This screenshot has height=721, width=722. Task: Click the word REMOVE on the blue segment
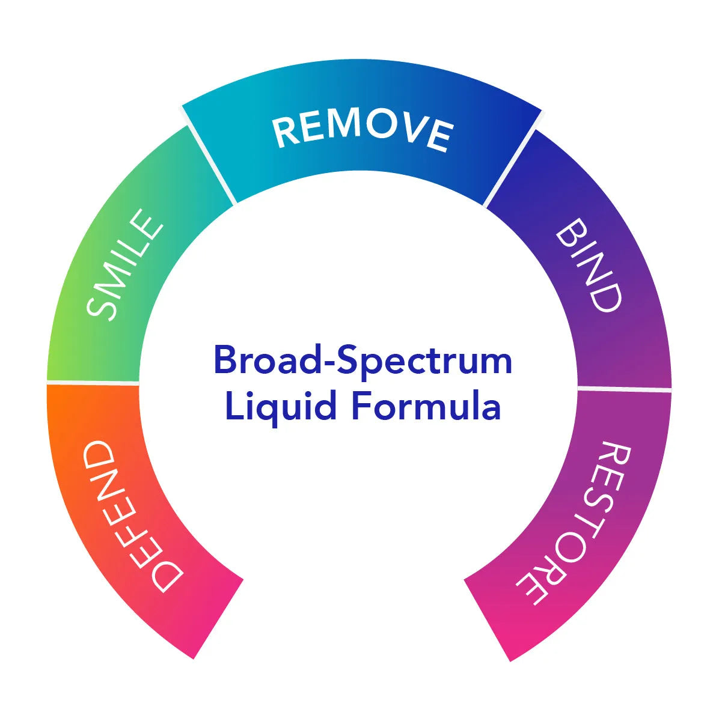363,132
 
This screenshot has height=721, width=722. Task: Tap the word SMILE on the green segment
125,264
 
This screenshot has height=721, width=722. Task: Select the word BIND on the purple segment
588,265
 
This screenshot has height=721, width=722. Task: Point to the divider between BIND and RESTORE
624,389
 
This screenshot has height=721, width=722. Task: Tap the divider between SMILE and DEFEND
93,382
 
